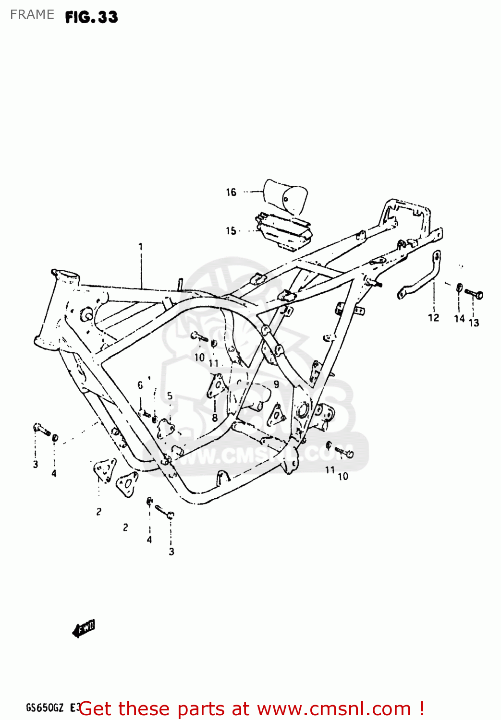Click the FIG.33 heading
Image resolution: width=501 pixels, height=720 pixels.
click(x=91, y=17)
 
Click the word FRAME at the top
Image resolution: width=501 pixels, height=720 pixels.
click(x=32, y=14)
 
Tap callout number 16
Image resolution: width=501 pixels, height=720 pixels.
click(x=231, y=192)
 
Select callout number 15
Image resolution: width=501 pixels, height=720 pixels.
click(x=231, y=231)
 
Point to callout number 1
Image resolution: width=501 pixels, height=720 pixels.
click(x=140, y=247)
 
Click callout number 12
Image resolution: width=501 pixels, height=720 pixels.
click(x=433, y=318)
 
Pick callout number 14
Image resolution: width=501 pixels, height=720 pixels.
click(x=459, y=318)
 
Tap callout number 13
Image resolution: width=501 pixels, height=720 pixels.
click(x=474, y=323)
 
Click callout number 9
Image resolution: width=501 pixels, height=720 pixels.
click(x=276, y=384)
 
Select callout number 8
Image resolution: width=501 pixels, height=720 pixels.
click(x=215, y=418)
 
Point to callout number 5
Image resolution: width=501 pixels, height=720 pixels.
click(x=170, y=396)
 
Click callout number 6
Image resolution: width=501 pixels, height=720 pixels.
click(x=140, y=385)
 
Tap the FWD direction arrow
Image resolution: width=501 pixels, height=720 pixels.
click(x=84, y=628)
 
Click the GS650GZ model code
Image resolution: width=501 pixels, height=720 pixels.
click(x=44, y=708)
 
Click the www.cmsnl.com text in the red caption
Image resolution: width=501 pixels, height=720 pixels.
click(x=334, y=709)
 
